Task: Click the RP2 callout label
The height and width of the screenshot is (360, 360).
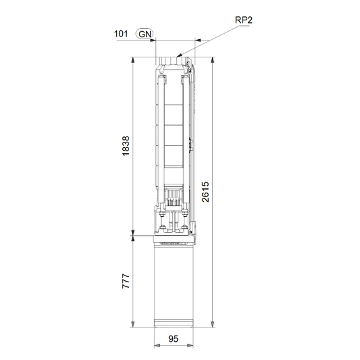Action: click(x=244, y=20)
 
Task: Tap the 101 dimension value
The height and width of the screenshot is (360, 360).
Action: click(x=121, y=34)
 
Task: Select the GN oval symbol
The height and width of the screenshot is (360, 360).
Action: click(x=145, y=34)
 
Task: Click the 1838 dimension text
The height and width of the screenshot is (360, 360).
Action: click(x=126, y=146)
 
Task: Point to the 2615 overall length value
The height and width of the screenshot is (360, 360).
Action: click(x=205, y=192)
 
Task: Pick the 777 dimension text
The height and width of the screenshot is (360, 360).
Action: click(x=126, y=281)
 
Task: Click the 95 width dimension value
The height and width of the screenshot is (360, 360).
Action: click(x=174, y=339)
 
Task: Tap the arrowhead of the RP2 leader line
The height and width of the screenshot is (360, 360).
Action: click(x=179, y=55)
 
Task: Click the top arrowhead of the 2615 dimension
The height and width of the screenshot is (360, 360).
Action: click(x=213, y=60)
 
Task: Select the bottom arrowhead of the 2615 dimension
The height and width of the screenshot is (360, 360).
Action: click(x=213, y=324)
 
